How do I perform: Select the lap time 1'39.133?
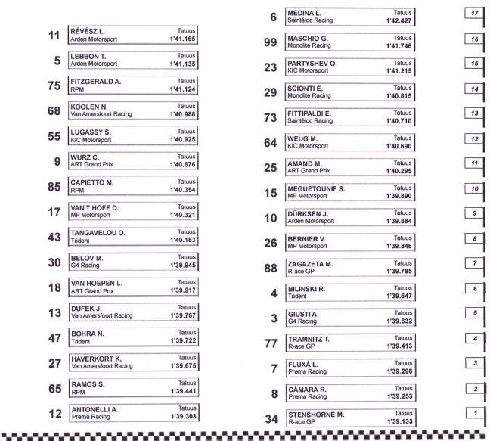click(399, 421)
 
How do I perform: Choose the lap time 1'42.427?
click(399, 20)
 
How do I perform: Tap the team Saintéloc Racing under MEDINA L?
click(310, 20)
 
